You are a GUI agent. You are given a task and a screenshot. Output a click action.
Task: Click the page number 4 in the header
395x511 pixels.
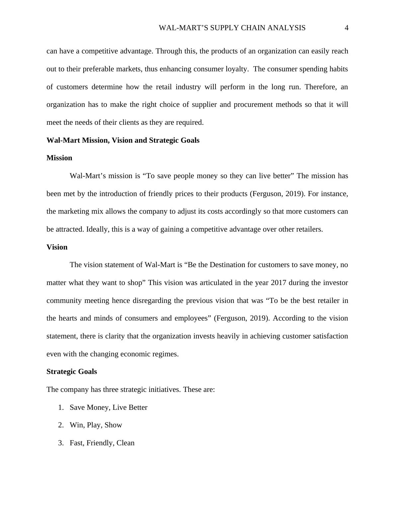pos(347,28)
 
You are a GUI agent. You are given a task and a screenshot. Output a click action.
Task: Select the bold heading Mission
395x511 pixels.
pos(59,158)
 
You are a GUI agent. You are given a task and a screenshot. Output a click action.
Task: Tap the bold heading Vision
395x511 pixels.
pos(57,247)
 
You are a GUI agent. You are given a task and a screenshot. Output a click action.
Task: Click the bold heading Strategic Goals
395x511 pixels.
pos(72,372)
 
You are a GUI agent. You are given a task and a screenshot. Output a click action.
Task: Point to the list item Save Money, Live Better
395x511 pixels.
pos(108,407)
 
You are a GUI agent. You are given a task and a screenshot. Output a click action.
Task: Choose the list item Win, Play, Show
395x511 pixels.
pos(96,425)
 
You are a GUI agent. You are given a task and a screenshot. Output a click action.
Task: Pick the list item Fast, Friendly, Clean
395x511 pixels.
pos(102,443)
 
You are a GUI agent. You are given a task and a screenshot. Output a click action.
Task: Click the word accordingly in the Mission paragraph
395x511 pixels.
pos(243,211)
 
